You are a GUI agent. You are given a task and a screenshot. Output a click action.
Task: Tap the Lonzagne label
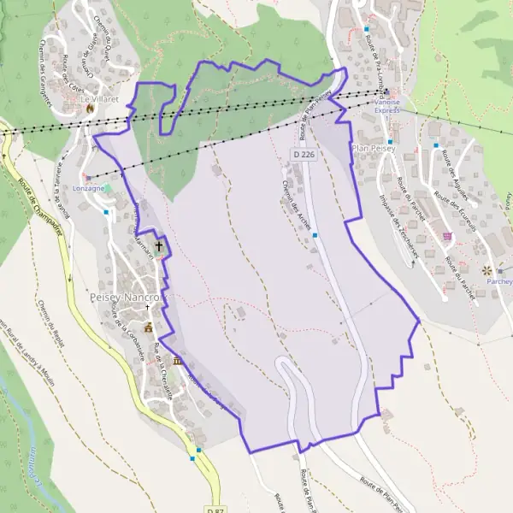pyautogui.click(x=89, y=187)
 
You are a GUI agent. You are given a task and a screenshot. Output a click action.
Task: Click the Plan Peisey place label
pyautogui.click(x=372, y=147)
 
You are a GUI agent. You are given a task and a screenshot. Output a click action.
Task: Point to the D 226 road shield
pyautogui.click(x=300, y=155)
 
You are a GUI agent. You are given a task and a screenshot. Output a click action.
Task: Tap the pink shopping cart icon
pyautogui.click(x=445, y=235)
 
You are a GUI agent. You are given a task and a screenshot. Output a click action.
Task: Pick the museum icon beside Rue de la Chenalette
pyautogui.click(x=177, y=362)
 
